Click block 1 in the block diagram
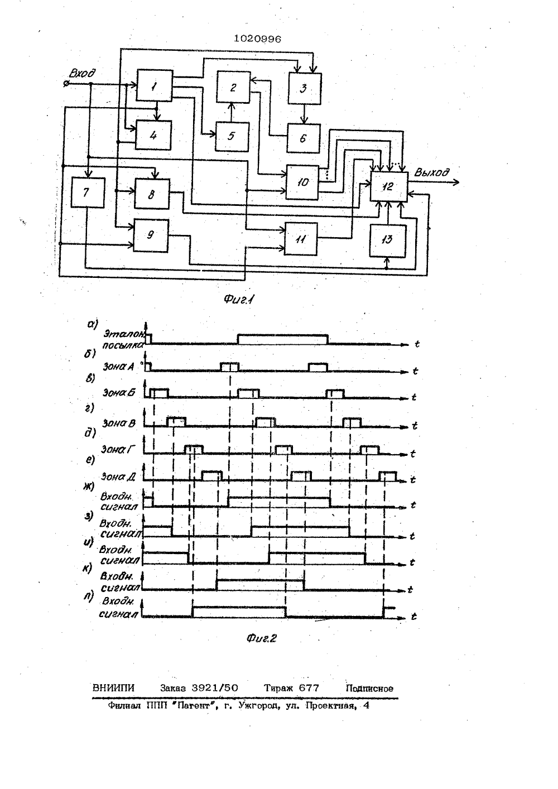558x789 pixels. tap(155, 85)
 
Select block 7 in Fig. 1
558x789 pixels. tap(88, 193)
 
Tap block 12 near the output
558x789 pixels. tap(389, 187)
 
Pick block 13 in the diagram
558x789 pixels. tap(387, 241)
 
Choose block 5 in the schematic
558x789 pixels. tap(233, 137)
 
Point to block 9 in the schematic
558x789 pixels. tap(151, 235)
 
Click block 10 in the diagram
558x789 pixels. tap(302, 182)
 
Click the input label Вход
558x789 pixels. tap(82, 73)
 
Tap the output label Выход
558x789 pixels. tap(431, 172)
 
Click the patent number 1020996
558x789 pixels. tap(257, 39)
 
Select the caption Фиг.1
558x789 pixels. tap(239, 300)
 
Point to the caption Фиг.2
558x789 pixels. tap(262, 638)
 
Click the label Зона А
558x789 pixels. tap(118, 367)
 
